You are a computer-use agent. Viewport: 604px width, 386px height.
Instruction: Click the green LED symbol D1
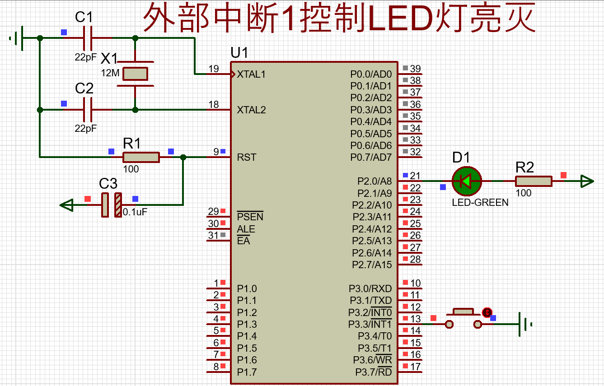[467, 181]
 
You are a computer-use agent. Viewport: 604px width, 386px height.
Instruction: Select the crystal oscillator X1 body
[135, 74]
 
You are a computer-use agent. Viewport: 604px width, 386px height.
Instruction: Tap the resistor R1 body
[141, 157]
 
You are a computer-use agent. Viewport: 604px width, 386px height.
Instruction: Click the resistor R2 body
[534, 181]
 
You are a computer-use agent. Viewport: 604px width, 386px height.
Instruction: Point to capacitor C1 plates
[88, 38]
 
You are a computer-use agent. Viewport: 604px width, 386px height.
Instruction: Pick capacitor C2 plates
[88, 110]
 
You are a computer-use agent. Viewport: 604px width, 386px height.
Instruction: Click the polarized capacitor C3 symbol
[112, 205]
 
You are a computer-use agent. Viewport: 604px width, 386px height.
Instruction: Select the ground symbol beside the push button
[525, 324]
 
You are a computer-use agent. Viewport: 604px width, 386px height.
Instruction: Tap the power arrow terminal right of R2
[587, 181]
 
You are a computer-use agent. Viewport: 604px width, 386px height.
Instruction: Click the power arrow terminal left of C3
[66, 205]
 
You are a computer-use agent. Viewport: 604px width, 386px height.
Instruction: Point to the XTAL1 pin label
[251, 74]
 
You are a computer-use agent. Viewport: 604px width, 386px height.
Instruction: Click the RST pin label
[247, 157]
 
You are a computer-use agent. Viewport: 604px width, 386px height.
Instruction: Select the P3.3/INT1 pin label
[370, 324]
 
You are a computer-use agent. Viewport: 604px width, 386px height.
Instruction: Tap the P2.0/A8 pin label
[375, 181]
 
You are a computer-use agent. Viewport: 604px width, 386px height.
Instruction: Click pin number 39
[415, 69]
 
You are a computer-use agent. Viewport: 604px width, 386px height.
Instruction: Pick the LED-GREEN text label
[480, 202]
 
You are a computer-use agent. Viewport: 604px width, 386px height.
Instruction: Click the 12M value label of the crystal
[110, 73]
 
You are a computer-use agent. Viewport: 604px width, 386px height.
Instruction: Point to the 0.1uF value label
[135, 212]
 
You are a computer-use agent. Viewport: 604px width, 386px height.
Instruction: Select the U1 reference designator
[239, 52]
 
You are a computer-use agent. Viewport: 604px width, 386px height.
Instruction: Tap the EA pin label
[243, 241]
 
